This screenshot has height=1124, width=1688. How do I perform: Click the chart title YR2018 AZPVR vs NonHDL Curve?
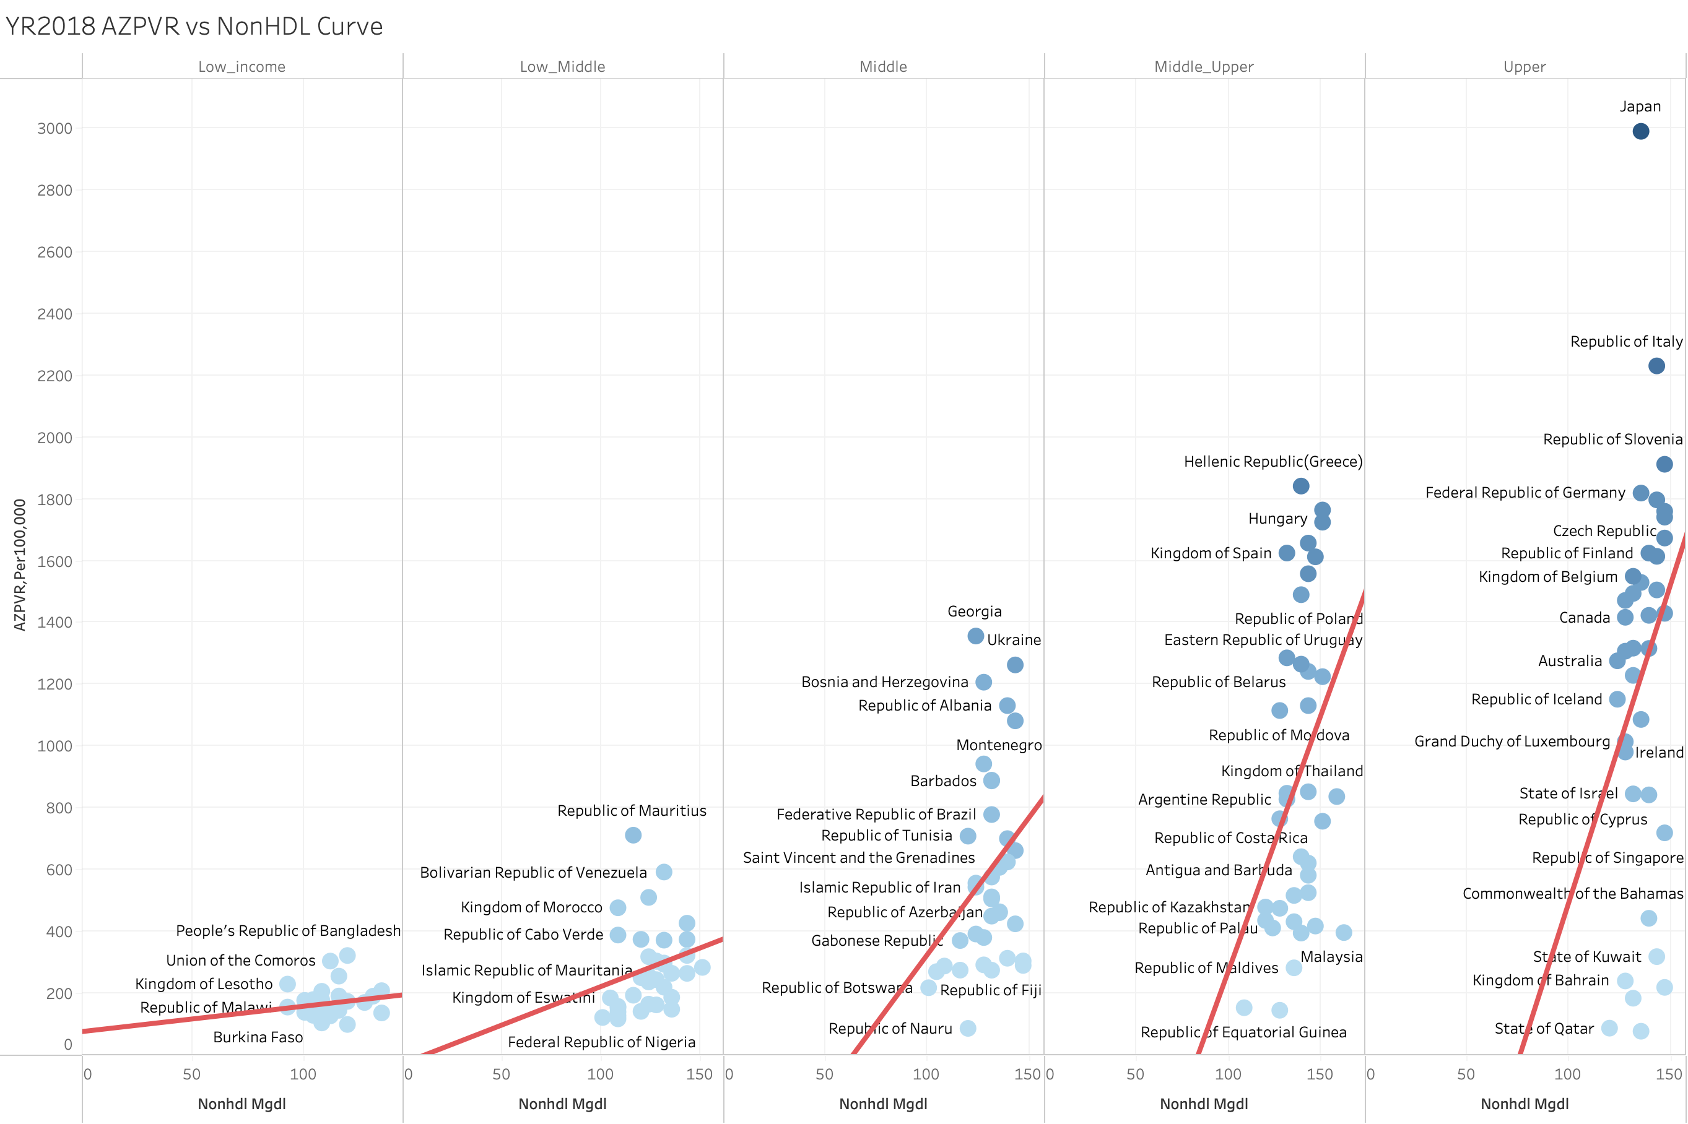click(194, 27)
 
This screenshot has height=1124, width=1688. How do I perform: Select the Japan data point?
click(1640, 131)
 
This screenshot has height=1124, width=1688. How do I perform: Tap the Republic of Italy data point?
click(1656, 366)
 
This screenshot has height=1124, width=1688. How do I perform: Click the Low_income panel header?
click(241, 67)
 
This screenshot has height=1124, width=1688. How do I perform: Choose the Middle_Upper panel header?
click(1203, 67)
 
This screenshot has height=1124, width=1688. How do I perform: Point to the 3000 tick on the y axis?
click(54, 128)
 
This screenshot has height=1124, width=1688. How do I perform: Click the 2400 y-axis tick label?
click(54, 314)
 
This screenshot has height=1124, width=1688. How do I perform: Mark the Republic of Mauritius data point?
click(632, 835)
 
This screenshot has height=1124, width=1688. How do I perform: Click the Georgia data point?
click(975, 636)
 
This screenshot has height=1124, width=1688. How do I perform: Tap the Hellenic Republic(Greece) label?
click(1273, 462)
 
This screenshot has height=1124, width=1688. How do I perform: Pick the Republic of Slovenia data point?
click(1664, 464)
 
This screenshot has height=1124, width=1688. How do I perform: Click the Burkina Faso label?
click(258, 1037)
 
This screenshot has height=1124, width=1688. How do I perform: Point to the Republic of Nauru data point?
click(967, 1028)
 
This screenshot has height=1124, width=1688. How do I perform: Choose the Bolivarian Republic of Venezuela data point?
click(663, 871)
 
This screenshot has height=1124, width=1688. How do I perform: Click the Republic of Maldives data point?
click(1293, 968)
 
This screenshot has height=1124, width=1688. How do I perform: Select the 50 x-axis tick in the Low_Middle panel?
click(501, 1074)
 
